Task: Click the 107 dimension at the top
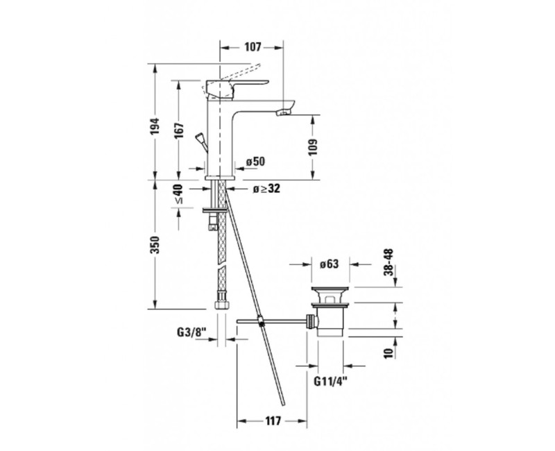tap(252, 46)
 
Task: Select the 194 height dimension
tap(155, 126)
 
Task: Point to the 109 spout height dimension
tap(313, 147)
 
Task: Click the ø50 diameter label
tap(255, 162)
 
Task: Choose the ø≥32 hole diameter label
tap(266, 189)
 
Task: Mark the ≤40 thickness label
tap(179, 194)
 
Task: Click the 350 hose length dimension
tap(155, 245)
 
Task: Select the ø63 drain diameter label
tap(329, 264)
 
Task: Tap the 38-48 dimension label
tap(388, 262)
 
